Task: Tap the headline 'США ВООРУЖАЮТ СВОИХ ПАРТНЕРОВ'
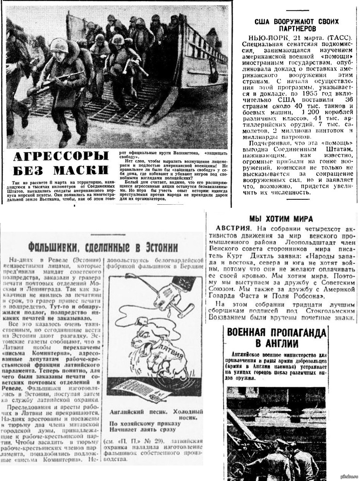coord(297,25)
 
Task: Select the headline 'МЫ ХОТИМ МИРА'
coord(281,219)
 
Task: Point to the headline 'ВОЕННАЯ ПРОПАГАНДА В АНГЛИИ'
coord(276,337)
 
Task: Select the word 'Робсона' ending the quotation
coord(315,296)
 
